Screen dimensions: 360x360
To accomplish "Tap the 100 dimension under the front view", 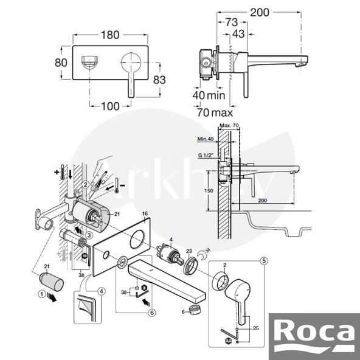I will click(111, 106).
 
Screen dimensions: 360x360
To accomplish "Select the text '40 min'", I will click(208, 95).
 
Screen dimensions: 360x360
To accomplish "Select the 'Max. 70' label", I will click(230, 126).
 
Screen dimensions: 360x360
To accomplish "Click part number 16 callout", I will click(145, 214).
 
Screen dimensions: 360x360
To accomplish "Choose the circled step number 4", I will click(102, 291).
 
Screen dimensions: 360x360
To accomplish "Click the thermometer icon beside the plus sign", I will click(63, 172).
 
